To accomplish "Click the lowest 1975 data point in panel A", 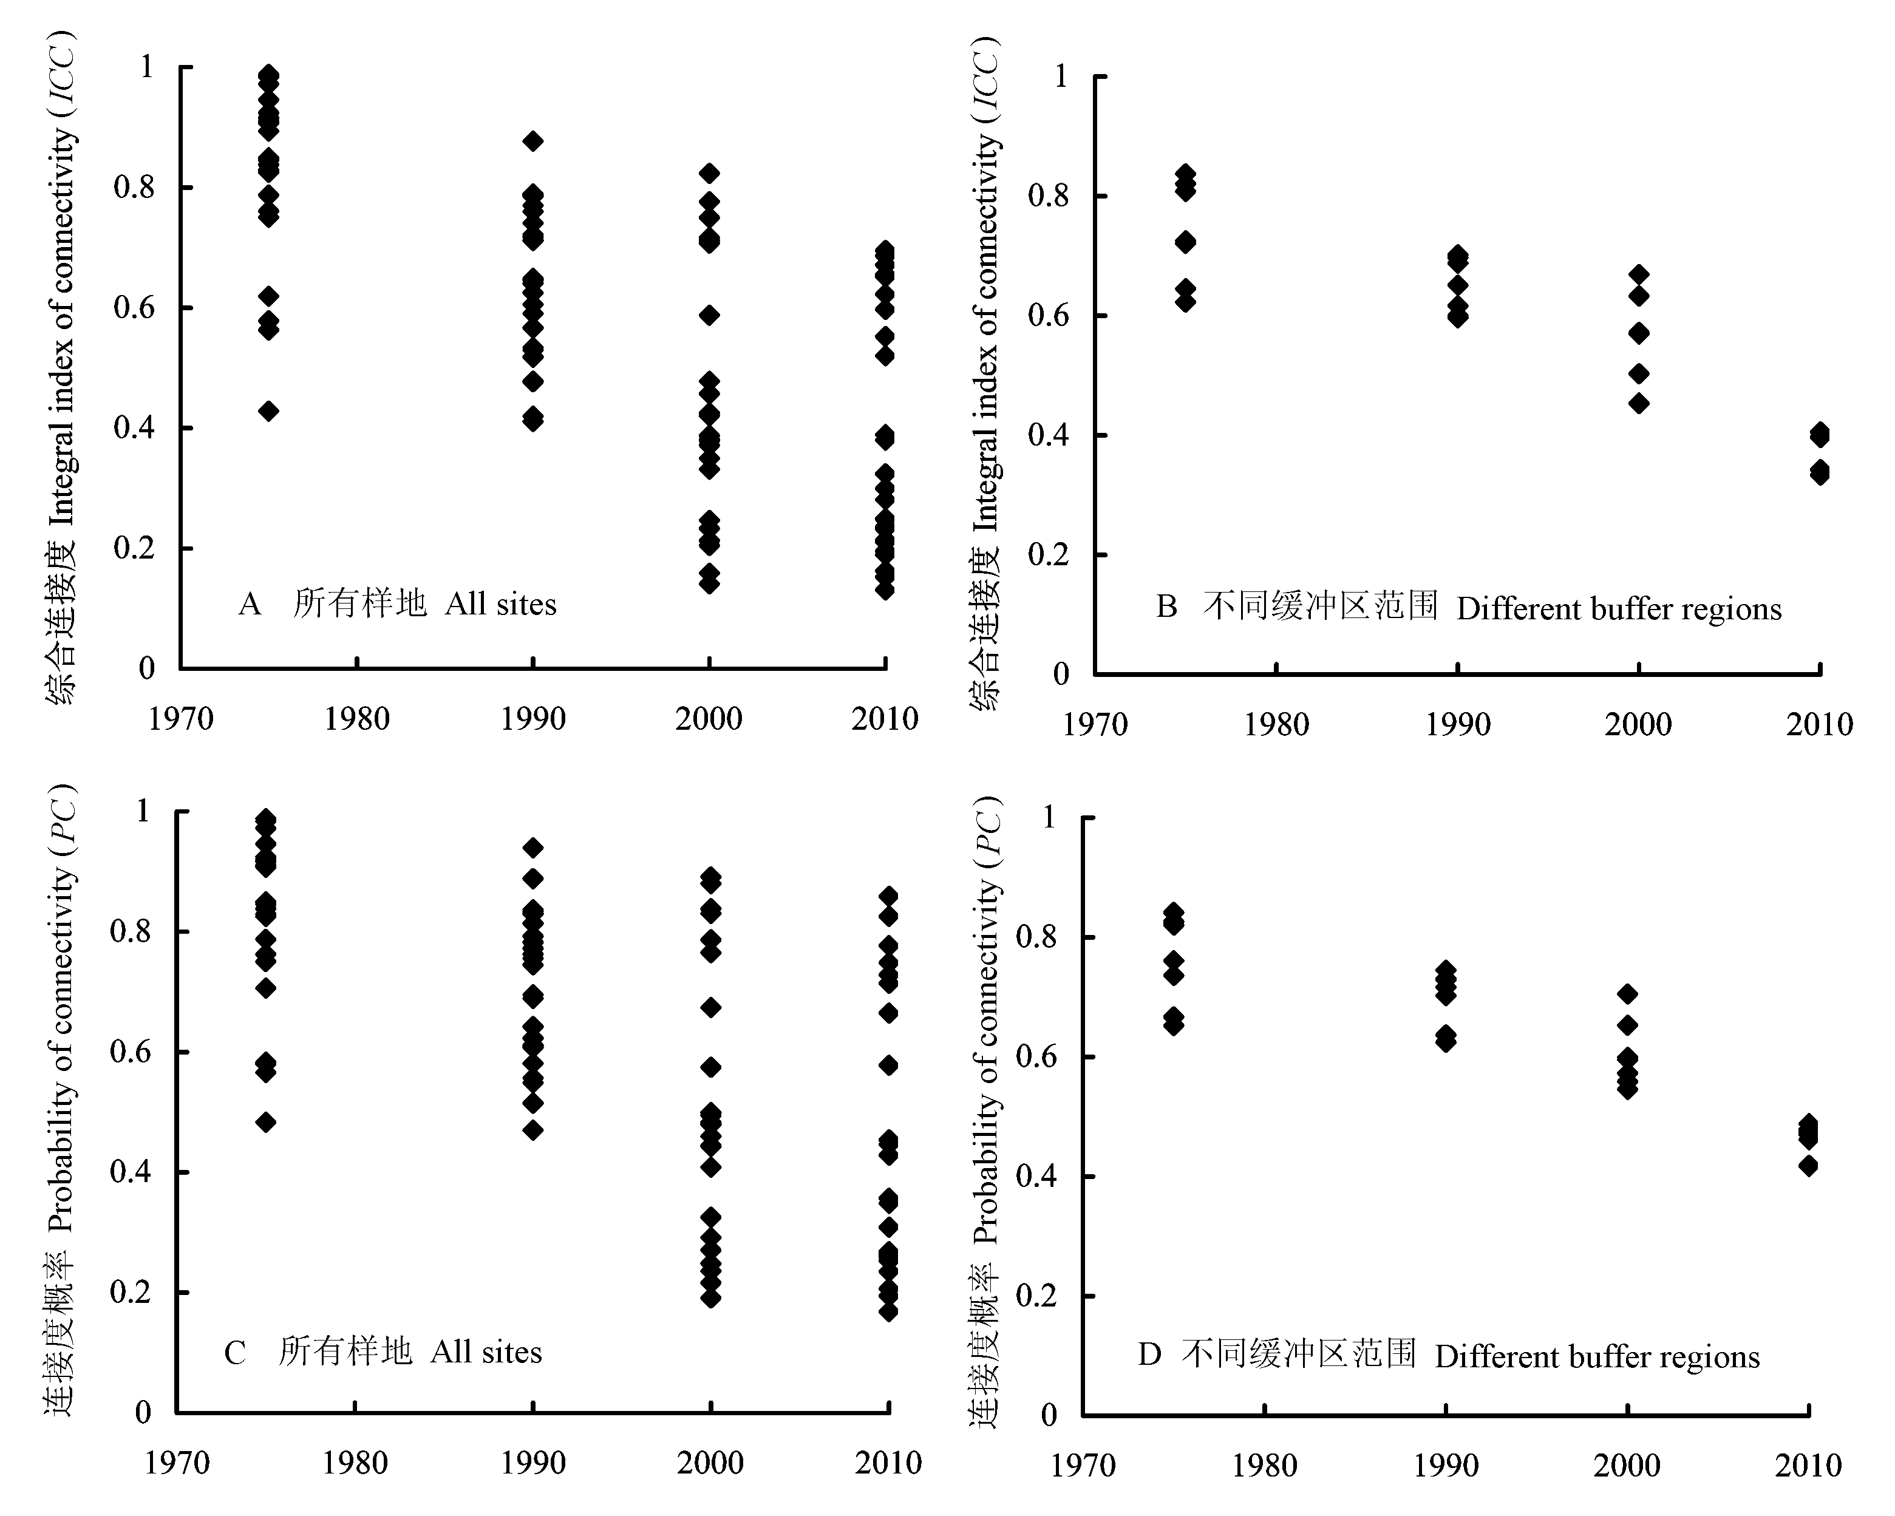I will click(x=269, y=410).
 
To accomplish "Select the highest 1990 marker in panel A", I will click(x=532, y=141).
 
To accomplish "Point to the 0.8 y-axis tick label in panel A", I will click(x=134, y=186).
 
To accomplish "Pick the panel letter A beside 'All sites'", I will click(x=250, y=605).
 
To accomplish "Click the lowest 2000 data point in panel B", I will click(x=1638, y=403).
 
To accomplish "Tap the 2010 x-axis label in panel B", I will click(x=1818, y=725).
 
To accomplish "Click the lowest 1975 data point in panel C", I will click(x=265, y=1123).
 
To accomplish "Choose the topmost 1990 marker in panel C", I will click(x=532, y=848).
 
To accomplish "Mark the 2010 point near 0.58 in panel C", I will click(x=888, y=1065).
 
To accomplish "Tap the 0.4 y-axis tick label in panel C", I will click(x=130, y=1172).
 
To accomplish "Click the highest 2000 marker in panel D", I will click(x=1627, y=994).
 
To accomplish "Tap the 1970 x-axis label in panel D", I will click(x=1083, y=1466).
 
